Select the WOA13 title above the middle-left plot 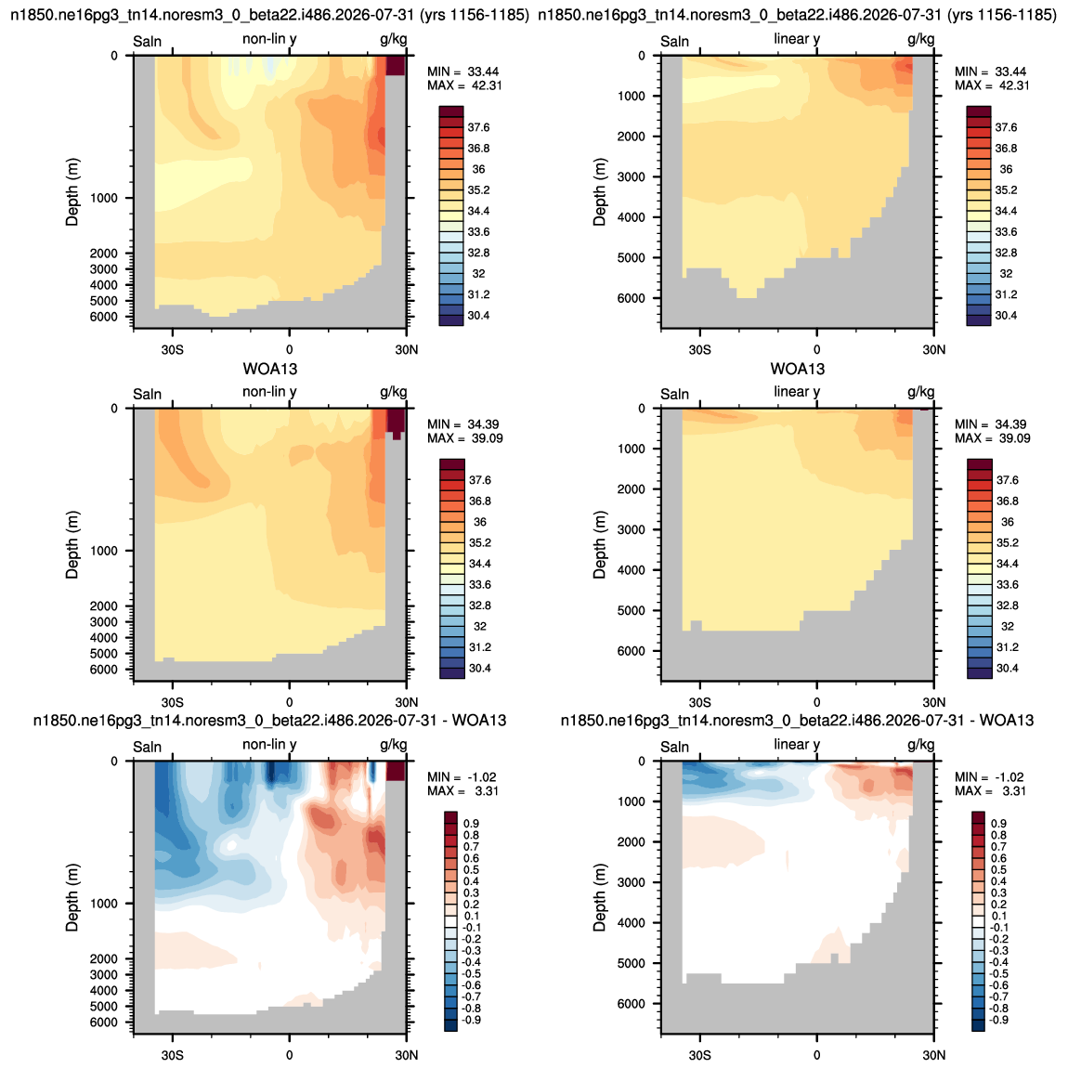270,370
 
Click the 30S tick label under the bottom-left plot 173,1054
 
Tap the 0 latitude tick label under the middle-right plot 816,702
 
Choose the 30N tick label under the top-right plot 934,349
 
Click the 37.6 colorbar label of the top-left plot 478,127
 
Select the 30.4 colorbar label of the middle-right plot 1007,668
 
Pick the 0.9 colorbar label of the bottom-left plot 471,824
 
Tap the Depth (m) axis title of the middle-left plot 72,544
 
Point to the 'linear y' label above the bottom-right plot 796,745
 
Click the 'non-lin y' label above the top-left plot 269,39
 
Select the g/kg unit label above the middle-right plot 921,392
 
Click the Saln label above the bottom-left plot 147,747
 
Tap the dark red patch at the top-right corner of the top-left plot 396,65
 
